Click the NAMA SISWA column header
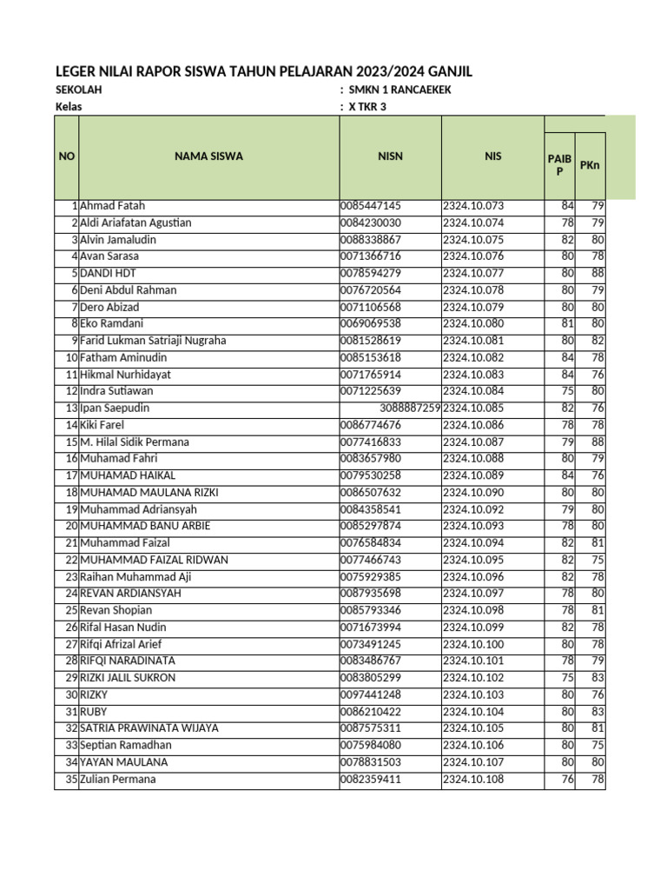click(x=208, y=156)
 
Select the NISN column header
click(x=390, y=156)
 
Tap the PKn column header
click(x=590, y=164)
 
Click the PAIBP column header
click(x=560, y=164)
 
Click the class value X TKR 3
click(x=367, y=107)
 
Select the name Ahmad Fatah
click(x=113, y=206)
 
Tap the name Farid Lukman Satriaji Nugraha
click(x=153, y=341)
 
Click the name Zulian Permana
click(x=118, y=780)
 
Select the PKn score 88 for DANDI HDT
click(x=598, y=274)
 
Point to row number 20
click(x=71, y=527)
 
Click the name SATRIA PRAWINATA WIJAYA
click(x=149, y=728)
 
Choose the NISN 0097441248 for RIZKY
click(x=371, y=695)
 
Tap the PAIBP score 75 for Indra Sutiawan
click(x=567, y=391)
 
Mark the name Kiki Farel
click(x=102, y=425)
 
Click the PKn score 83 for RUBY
click(x=598, y=712)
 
